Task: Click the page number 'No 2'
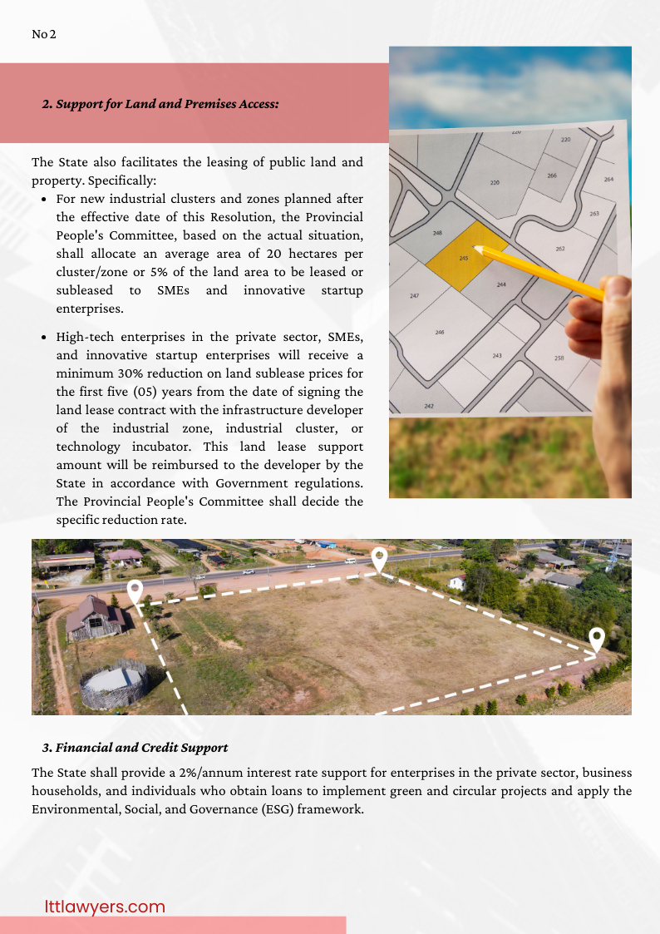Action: point(43,34)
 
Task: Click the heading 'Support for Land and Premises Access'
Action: point(160,105)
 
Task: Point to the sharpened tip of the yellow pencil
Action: point(476,247)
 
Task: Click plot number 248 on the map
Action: point(437,234)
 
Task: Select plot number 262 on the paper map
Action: point(559,249)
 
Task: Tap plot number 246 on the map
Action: point(440,332)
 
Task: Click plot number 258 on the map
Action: point(559,358)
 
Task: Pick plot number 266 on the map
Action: point(551,175)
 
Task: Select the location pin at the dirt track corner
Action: point(596,640)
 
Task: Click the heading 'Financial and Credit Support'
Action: point(135,748)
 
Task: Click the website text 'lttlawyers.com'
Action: point(105,907)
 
